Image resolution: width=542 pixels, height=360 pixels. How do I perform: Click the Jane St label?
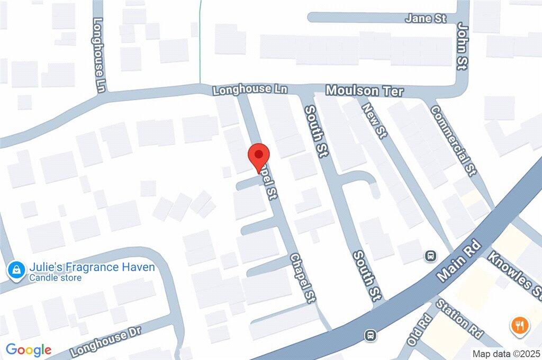click(x=426, y=18)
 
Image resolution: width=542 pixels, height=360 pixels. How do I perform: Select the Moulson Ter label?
click(x=364, y=91)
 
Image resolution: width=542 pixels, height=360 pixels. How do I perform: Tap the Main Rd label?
click(x=459, y=262)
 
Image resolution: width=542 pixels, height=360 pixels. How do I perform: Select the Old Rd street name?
click(x=420, y=330)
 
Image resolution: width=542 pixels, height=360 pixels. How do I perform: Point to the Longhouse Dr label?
click(x=106, y=343)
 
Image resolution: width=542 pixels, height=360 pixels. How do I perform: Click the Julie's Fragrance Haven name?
click(x=92, y=267)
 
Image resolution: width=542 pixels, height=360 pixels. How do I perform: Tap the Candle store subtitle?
click(x=55, y=278)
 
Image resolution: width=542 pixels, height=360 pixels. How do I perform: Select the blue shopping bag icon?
click(x=17, y=271)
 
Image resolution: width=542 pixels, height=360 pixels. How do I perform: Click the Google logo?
click(x=29, y=349)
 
